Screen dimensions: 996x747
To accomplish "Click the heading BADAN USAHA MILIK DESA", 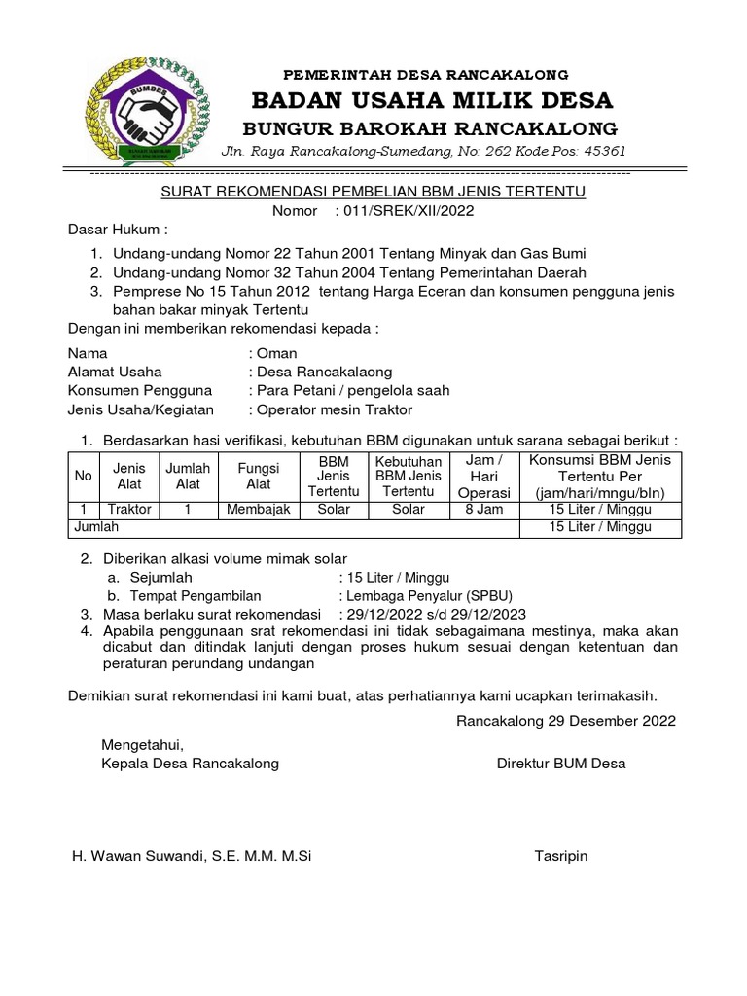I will coord(433,100).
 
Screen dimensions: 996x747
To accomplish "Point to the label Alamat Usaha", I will coord(115,372).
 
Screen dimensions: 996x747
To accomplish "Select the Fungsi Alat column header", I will coord(258,477).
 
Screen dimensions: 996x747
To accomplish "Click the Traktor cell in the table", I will coord(129,509).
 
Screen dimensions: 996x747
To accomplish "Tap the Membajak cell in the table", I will coord(258,509).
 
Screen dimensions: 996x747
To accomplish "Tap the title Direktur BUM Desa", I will coord(561,764).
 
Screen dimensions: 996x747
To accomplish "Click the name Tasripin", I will coord(561,856).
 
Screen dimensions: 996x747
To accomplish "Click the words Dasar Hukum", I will coord(117,230).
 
